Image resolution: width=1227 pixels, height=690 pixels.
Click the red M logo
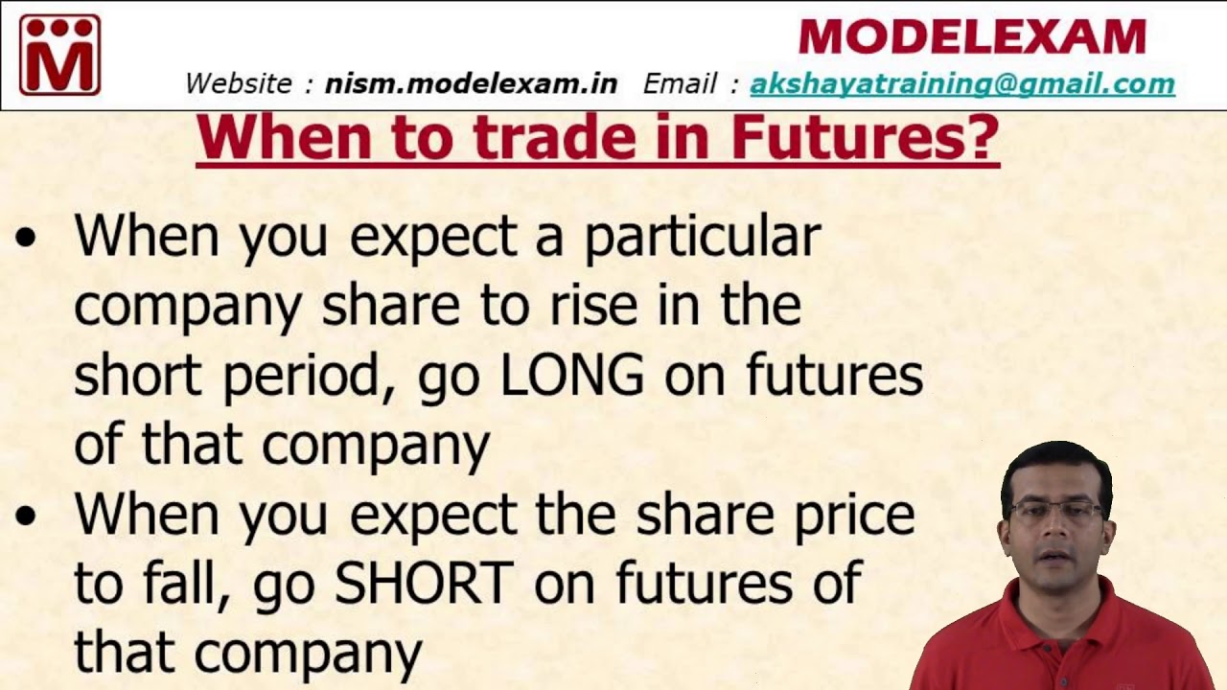coord(59,55)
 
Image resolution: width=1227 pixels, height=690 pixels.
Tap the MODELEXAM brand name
coord(972,37)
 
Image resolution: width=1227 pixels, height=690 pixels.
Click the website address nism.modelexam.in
coord(471,83)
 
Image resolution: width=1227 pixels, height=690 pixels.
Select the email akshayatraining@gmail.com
coord(961,83)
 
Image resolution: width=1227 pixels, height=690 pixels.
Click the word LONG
coord(572,377)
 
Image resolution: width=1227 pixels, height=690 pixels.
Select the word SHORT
coord(424,582)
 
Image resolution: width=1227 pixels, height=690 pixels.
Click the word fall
coord(177,582)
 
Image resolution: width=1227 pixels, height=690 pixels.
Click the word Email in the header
coord(681,83)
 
